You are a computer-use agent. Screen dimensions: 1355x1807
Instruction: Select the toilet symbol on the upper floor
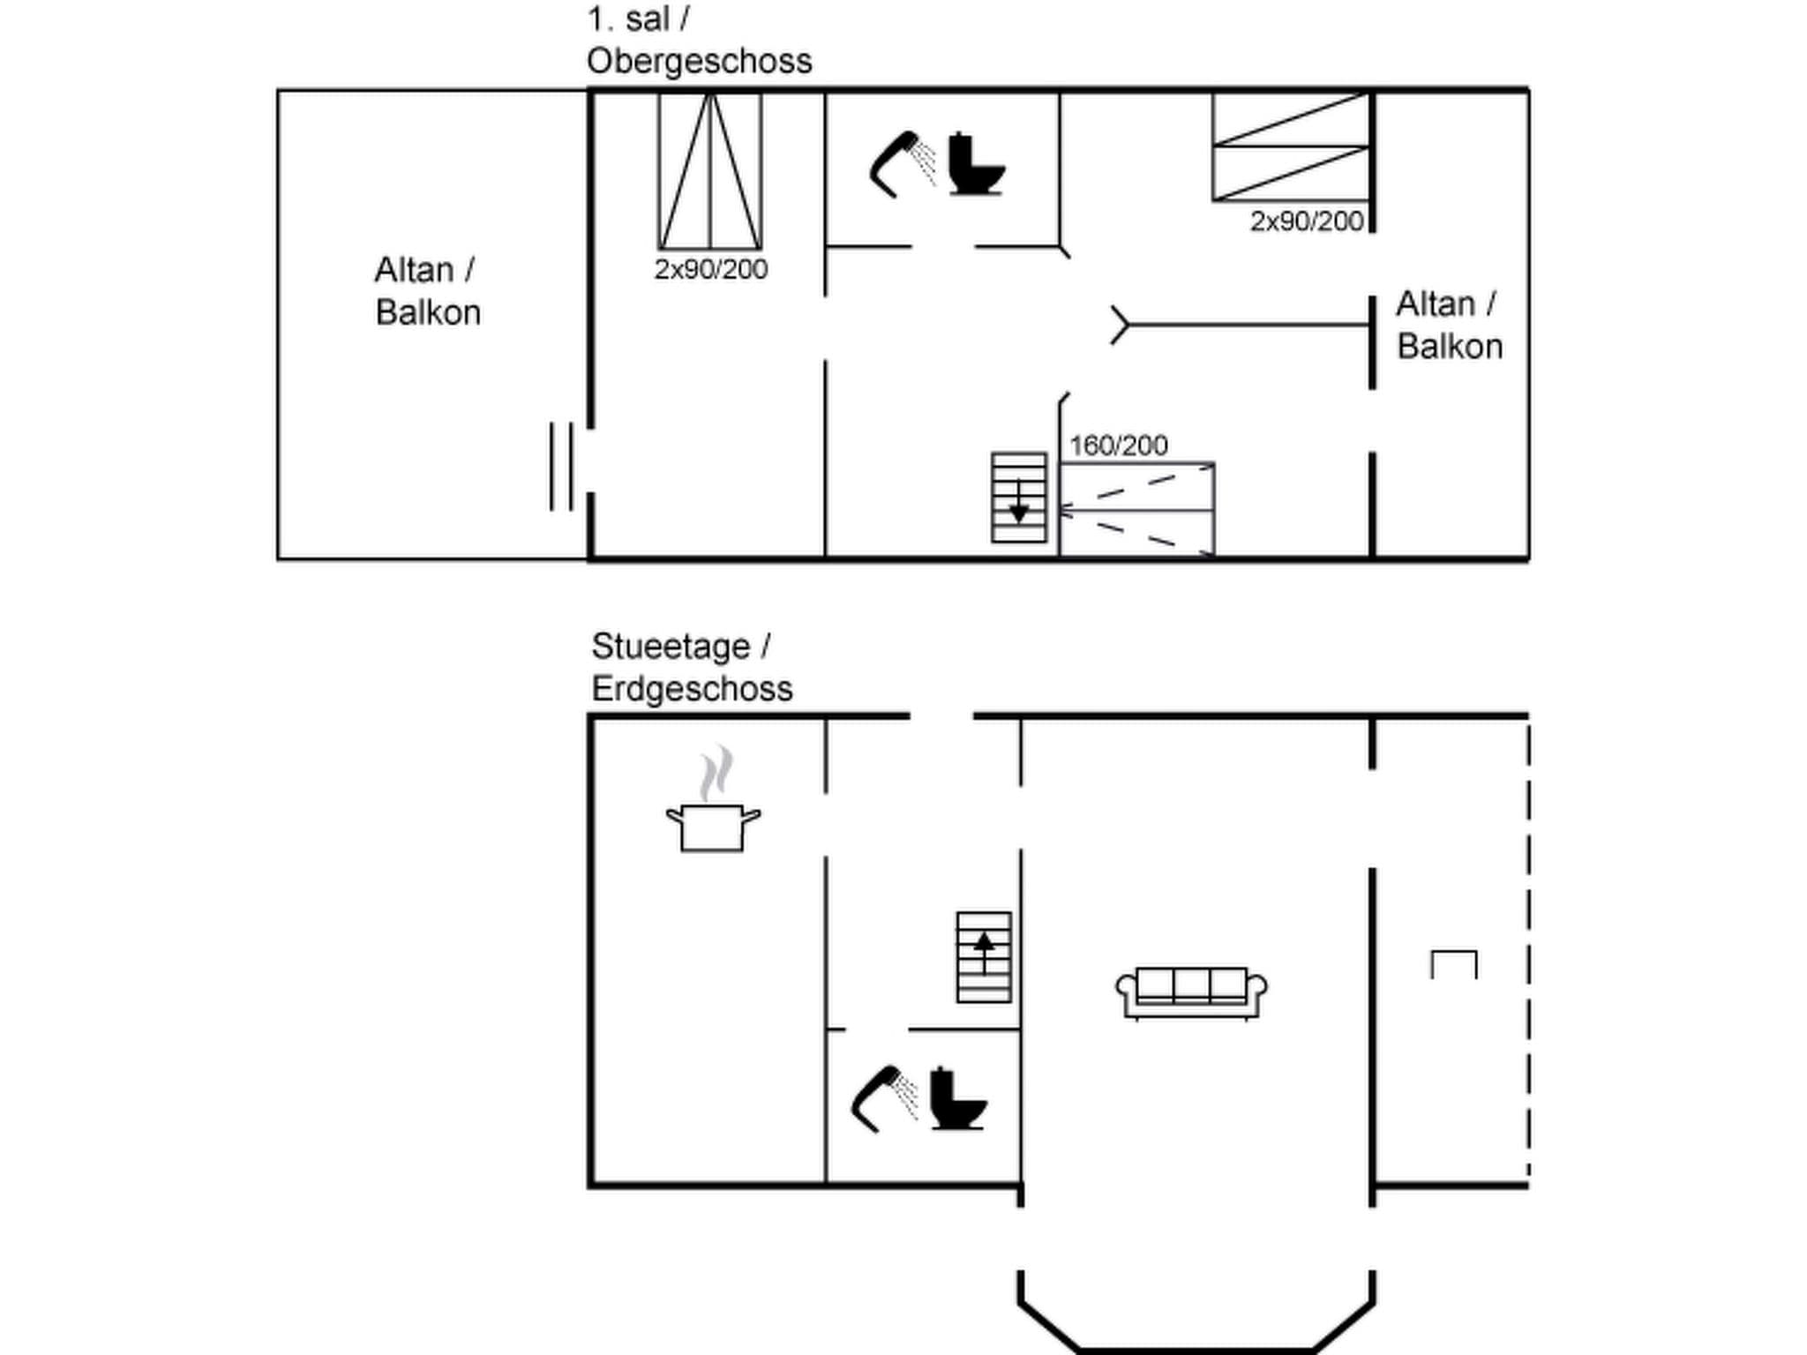pyautogui.click(x=975, y=165)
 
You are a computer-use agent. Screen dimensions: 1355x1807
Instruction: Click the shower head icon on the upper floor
pyautogui.click(x=900, y=163)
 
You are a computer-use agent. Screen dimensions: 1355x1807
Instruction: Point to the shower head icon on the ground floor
pyautogui.click(x=882, y=1098)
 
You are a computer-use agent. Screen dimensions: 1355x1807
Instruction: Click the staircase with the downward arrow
pyautogui.click(x=1018, y=498)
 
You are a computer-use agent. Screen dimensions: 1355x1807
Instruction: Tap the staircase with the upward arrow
pyautogui.click(x=984, y=957)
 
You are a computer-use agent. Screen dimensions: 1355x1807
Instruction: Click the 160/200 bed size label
pyautogui.click(x=1118, y=445)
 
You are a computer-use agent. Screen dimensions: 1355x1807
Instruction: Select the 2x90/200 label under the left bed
pyautogui.click(x=710, y=269)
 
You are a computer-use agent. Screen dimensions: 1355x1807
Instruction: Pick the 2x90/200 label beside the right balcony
pyautogui.click(x=1306, y=221)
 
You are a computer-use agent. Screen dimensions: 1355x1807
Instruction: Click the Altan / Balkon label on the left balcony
pyautogui.click(x=427, y=291)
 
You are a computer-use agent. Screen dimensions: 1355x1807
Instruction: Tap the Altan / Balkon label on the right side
pyautogui.click(x=1449, y=325)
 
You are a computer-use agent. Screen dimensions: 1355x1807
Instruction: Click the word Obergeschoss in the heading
pyautogui.click(x=699, y=61)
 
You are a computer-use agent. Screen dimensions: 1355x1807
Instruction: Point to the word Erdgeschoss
pyautogui.click(x=692, y=689)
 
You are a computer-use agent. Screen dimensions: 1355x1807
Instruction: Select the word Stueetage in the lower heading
pyautogui.click(x=671, y=647)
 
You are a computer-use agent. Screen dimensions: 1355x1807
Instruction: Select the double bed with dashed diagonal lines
pyautogui.click(x=1136, y=510)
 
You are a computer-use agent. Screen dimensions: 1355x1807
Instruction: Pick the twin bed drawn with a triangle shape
pyautogui.click(x=709, y=171)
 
